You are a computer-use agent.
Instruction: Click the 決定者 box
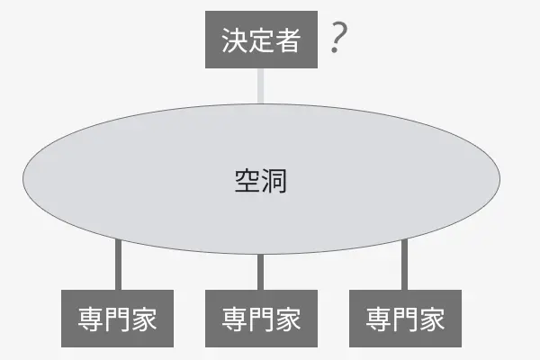click(x=261, y=40)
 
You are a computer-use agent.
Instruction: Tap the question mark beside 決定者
click(x=338, y=40)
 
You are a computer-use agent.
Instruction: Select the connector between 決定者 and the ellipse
click(x=261, y=85)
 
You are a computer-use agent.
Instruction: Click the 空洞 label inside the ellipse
click(x=261, y=180)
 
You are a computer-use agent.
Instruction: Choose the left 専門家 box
click(x=117, y=319)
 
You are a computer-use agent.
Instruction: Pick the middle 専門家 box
click(x=261, y=319)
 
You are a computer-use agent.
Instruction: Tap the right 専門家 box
click(x=405, y=319)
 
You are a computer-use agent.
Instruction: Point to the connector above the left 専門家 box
click(x=118, y=265)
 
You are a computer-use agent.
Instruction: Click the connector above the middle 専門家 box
click(x=261, y=272)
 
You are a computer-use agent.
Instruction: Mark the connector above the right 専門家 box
click(x=405, y=265)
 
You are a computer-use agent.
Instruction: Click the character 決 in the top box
click(x=234, y=40)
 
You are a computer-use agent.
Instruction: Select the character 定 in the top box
click(x=261, y=40)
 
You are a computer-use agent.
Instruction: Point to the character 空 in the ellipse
click(x=247, y=180)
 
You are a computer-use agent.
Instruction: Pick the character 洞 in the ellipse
click(x=274, y=180)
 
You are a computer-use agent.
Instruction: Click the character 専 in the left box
click(x=90, y=319)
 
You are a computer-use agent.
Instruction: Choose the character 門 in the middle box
click(x=261, y=319)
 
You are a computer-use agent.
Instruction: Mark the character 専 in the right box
click(x=379, y=319)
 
